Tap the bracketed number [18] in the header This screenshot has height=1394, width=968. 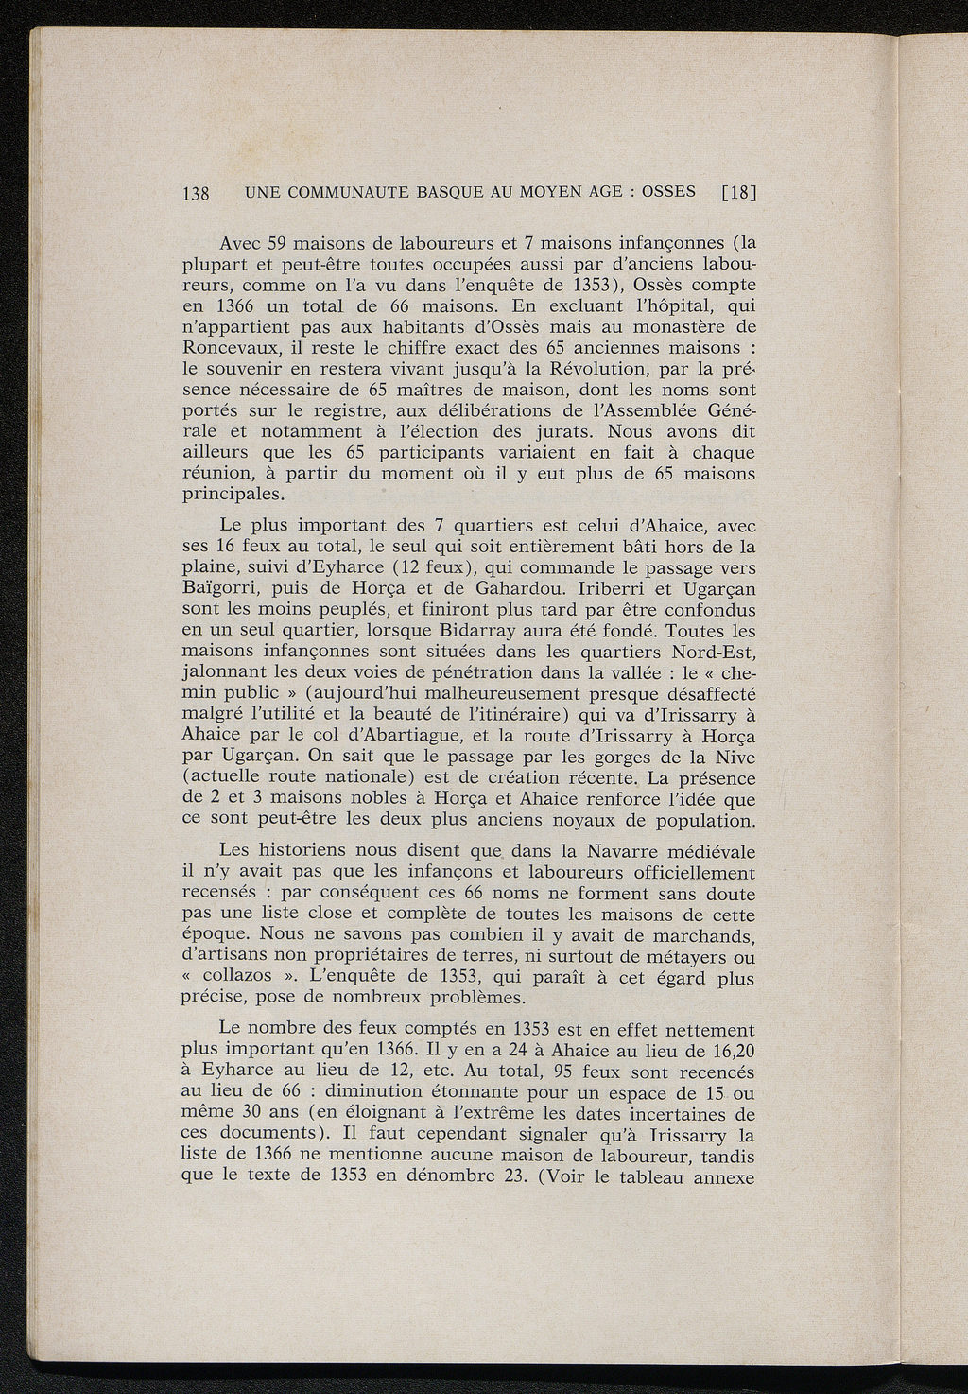[x=740, y=193]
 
